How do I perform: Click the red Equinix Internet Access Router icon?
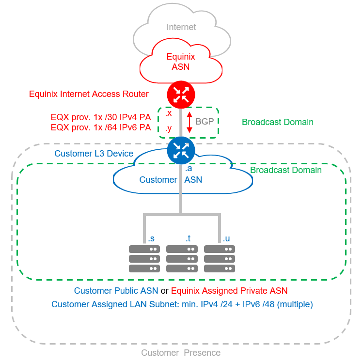pyautogui.click(x=181, y=95)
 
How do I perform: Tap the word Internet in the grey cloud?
pyautogui.click(x=181, y=27)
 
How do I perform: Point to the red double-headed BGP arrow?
pyautogui.click(x=189, y=122)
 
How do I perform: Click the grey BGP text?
pyautogui.click(x=205, y=121)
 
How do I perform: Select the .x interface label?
pyautogui.click(x=168, y=113)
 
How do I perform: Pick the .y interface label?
pyautogui.click(x=168, y=128)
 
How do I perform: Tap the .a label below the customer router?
pyautogui.click(x=189, y=169)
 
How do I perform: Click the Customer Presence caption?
pyautogui.click(x=181, y=353)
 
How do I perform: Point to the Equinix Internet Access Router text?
pyautogui.click(x=89, y=94)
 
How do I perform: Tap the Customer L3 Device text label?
pyautogui.click(x=94, y=154)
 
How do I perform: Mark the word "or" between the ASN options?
pyautogui.click(x=164, y=291)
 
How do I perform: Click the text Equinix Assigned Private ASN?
pyautogui.click(x=229, y=291)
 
